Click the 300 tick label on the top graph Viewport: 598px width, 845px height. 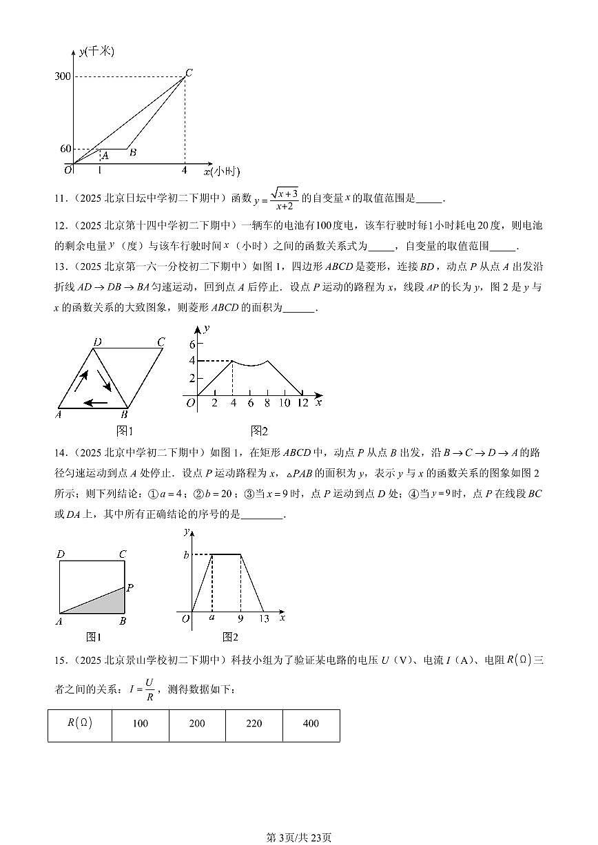62,76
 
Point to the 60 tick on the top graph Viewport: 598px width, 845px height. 65,149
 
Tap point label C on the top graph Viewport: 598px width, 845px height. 189,71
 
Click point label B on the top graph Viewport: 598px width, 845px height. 133,153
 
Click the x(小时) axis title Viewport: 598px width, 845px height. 221,171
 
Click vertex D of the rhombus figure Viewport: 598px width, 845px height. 97,341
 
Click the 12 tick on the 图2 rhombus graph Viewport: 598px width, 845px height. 302,403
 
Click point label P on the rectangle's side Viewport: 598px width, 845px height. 130,587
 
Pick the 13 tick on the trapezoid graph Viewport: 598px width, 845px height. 264,618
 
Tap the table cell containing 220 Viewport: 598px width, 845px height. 254,723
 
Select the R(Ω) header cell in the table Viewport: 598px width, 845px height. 80,723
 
